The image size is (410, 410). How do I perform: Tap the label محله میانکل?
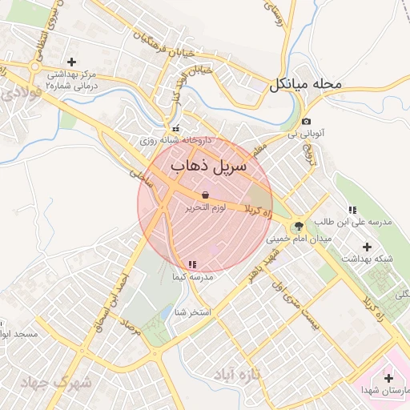[x=306, y=82]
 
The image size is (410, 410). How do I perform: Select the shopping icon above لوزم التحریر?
[x=206, y=195]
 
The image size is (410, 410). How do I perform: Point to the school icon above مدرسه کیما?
[x=192, y=264]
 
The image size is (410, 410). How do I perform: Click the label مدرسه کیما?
[x=192, y=277]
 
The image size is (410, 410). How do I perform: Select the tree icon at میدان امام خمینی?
[x=298, y=227]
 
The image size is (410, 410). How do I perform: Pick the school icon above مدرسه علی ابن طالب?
[x=352, y=210]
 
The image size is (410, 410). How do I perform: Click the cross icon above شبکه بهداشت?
[x=368, y=246]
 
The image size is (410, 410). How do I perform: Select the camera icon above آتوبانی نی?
[x=307, y=121]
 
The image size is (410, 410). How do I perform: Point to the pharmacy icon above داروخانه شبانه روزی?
[x=175, y=128]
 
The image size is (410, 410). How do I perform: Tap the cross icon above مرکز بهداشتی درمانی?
[x=72, y=62]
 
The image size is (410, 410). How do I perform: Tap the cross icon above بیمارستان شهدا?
[x=389, y=377]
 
